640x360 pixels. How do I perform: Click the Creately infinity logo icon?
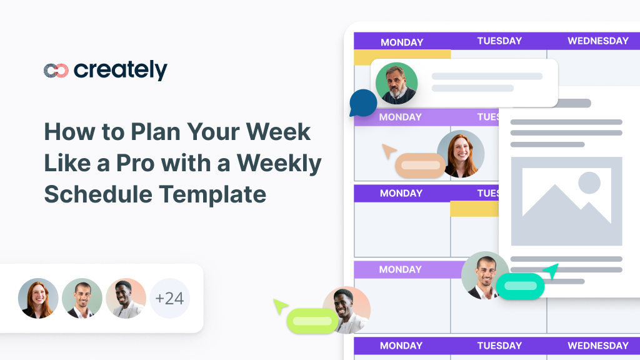point(56,71)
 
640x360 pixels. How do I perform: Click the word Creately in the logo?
point(121,70)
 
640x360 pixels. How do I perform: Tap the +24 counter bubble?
point(169,298)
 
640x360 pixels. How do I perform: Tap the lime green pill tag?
point(312,321)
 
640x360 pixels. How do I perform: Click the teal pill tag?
point(521,286)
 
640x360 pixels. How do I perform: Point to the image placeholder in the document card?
point(566,201)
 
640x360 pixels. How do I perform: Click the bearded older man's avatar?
point(396,83)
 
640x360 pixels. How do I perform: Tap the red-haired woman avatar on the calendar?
point(461,154)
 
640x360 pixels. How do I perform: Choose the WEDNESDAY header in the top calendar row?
point(597,41)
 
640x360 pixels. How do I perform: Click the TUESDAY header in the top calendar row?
point(499,41)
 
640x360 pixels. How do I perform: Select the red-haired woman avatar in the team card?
point(38,298)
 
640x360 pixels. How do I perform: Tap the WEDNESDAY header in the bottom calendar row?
point(597,345)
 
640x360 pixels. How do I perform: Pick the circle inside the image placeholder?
point(589,182)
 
